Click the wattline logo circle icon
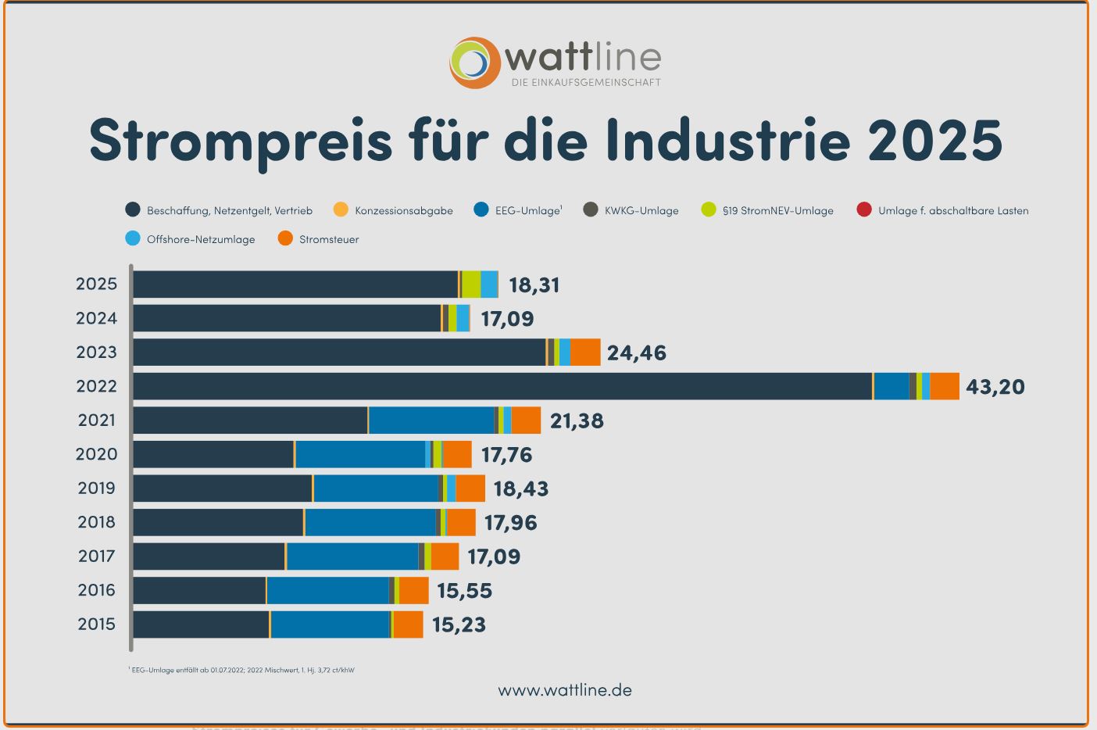click(x=474, y=63)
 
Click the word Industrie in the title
click(x=727, y=139)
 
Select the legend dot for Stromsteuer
click(x=286, y=238)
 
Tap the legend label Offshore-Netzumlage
click(x=201, y=239)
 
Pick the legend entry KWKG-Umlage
click(x=641, y=210)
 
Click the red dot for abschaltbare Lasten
click(x=863, y=209)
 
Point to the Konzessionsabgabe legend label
click(x=403, y=210)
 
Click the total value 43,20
click(x=995, y=387)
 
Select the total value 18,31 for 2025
click(x=534, y=285)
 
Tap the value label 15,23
click(x=459, y=625)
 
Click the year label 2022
click(x=96, y=386)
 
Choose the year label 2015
click(x=96, y=624)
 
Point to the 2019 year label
click(x=96, y=488)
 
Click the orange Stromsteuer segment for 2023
click(x=585, y=352)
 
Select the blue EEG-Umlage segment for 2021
click(x=431, y=420)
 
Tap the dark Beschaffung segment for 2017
click(x=209, y=556)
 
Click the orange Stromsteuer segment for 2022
click(x=945, y=386)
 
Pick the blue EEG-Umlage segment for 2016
click(x=327, y=591)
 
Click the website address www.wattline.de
click(x=564, y=690)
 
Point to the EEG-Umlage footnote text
click(x=242, y=670)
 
